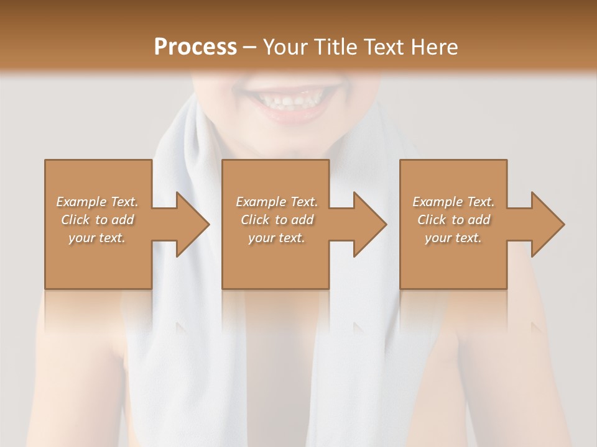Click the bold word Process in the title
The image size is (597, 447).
tap(195, 47)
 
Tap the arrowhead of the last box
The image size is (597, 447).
tap(547, 224)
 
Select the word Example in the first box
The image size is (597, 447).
tap(81, 202)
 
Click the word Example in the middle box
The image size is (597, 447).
tap(260, 202)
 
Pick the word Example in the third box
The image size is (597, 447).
tap(437, 202)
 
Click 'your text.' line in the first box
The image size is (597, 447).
tap(97, 238)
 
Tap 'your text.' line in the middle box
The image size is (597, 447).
tap(276, 238)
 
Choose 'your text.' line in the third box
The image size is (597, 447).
tap(453, 238)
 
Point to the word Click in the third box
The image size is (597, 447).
tap(432, 220)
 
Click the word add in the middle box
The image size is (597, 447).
tap(302, 220)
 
